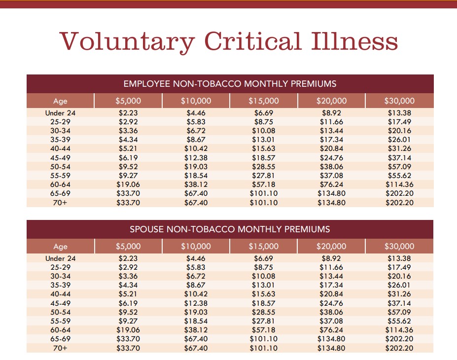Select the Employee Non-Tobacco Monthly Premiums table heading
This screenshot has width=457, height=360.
pos(230,83)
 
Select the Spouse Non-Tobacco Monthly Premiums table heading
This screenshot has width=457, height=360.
pos(230,229)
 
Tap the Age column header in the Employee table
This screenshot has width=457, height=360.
pos(60,101)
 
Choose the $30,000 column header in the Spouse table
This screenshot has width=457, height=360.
pos(399,246)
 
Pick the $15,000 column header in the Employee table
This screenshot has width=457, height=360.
pos(264,101)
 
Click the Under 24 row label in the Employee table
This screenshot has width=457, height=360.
pos(60,113)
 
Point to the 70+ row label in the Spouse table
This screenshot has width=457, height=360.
pos(60,348)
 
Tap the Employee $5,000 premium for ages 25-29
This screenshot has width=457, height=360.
pos(128,122)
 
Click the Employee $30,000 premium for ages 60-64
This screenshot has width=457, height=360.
pos(399,184)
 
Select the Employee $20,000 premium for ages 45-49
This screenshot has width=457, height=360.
pos(331,158)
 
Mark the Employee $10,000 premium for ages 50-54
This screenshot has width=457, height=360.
pos(196,167)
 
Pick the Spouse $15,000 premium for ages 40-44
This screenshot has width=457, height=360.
pos(264,294)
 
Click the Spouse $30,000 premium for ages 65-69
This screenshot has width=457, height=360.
pos(399,339)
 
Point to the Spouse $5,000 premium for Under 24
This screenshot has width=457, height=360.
pos(128,258)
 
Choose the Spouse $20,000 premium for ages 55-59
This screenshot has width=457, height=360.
pos(331,321)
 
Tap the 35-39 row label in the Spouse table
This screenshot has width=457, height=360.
pos(60,285)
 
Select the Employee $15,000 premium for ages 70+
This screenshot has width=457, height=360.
pos(264,203)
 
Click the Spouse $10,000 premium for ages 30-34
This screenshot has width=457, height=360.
pos(196,276)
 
